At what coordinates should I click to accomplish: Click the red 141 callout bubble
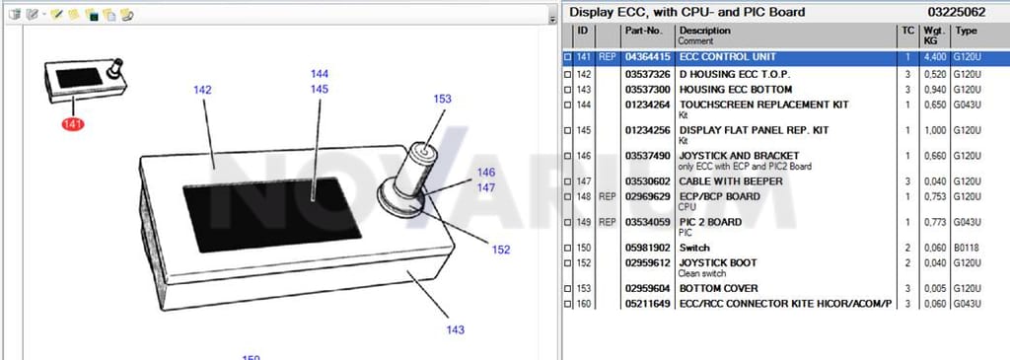73,124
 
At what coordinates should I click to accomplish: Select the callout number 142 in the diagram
202,90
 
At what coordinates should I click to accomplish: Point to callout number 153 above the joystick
443,100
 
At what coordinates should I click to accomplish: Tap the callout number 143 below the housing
456,330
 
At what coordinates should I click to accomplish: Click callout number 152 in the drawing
501,250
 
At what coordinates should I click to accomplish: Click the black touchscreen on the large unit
272,214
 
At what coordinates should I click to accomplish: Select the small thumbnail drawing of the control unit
86,82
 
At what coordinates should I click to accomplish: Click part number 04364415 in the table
648,57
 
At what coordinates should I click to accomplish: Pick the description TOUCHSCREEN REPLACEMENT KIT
764,105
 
